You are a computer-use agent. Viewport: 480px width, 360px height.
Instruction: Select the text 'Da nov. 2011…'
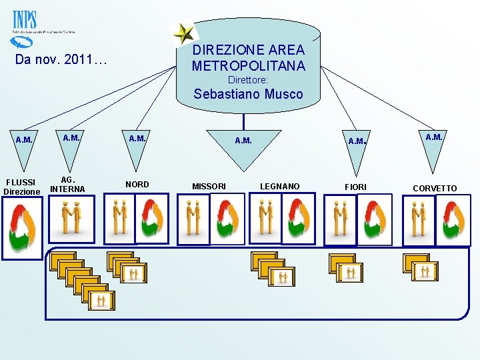[61, 62]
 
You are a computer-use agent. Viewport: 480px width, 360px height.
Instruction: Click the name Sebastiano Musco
[248, 94]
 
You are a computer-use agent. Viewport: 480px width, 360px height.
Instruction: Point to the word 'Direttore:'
[248, 79]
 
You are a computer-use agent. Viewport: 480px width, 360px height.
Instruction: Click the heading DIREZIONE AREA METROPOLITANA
[248, 58]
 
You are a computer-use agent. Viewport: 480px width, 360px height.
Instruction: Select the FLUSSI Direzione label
[22, 187]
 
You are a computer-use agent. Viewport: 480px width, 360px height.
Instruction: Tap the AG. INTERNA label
[68, 184]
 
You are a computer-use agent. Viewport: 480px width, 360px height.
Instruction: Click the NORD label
[137, 184]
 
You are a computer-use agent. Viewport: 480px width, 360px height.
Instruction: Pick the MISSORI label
[209, 186]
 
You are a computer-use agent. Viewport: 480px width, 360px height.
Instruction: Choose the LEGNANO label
[279, 186]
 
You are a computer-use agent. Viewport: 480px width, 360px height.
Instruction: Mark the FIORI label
[355, 187]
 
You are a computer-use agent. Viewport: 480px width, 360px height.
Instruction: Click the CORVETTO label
[435, 188]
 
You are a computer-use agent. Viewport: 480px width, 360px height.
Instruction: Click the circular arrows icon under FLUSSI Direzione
[22, 229]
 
